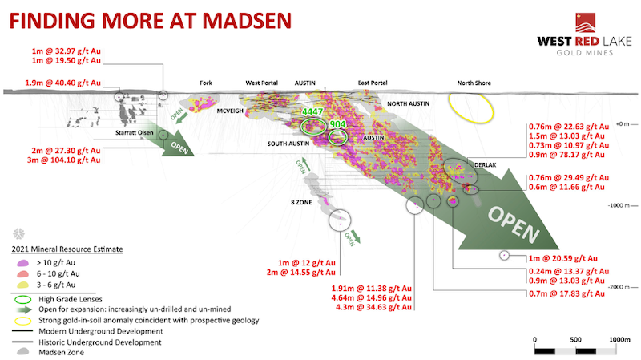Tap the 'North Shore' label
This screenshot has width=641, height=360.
474,83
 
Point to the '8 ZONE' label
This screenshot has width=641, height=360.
300,202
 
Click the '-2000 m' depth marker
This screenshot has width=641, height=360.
621,286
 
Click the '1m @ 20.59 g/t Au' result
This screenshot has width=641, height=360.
562,258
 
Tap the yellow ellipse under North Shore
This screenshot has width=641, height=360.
471,107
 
